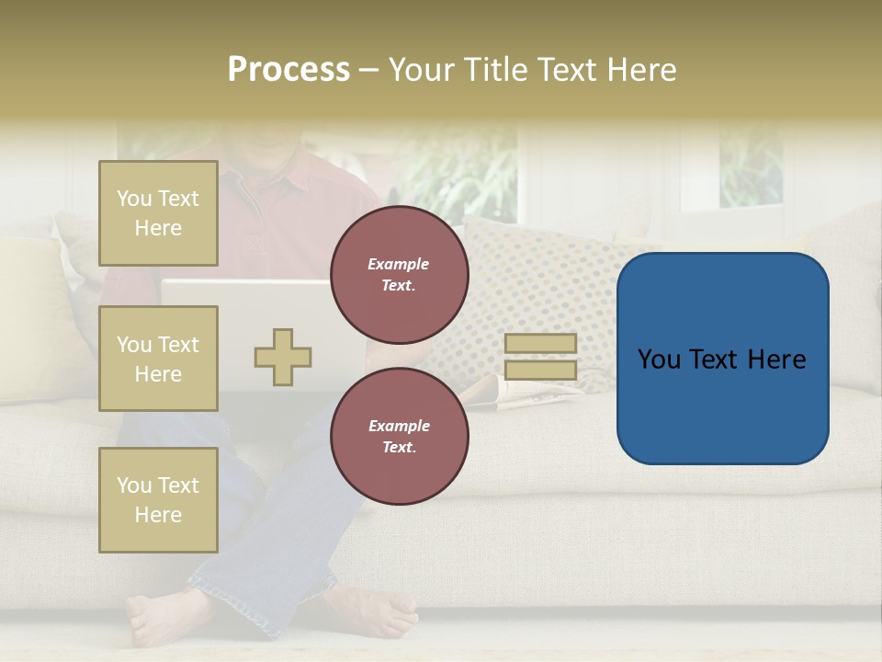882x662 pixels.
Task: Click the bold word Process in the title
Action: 288,70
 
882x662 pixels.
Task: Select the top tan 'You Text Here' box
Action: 158,213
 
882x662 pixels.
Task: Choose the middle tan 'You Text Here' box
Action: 158,359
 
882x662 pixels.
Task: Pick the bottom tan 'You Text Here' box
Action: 158,500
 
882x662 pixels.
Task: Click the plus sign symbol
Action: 283,357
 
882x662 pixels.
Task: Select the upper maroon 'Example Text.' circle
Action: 399,275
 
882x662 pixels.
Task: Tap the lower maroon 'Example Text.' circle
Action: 399,437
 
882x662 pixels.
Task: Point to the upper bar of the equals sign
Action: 540,343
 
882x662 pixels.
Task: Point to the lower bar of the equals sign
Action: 540,370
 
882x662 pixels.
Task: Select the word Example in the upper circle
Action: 399,264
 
